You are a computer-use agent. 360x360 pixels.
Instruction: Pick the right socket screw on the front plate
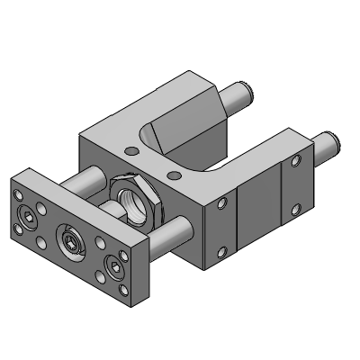(x=114, y=265)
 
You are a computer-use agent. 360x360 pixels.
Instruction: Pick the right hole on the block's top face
(x=174, y=172)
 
